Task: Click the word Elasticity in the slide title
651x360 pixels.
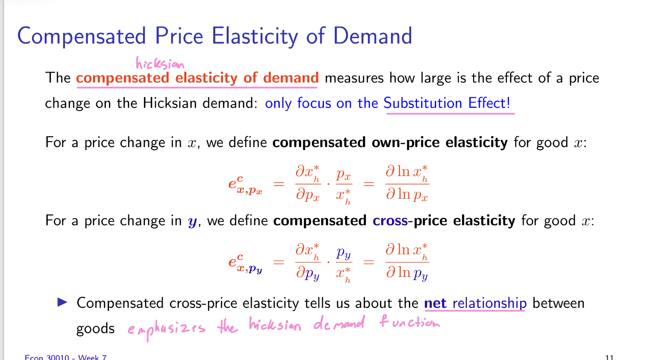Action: click(x=255, y=36)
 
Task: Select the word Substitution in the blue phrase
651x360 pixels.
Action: click(x=422, y=102)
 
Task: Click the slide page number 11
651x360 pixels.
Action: click(x=609, y=357)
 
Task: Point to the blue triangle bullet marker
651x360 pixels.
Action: click(x=62, y=302)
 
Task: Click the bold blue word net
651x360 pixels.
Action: click(x=435, y=303)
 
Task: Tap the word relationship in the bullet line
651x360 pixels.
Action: click(x=490, y=303)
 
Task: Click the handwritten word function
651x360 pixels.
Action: click(x=410, y=321)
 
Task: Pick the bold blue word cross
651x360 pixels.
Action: click(x=390, y=221)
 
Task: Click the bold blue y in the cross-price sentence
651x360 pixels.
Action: click(x=192, y=222)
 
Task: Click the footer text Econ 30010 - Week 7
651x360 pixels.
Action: click(x=66, y=357)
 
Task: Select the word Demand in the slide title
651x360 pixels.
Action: click(x=373, y=36)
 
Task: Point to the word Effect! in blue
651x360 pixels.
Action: click(x=489, y=102)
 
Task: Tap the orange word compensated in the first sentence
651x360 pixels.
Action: click(x=123, y=78)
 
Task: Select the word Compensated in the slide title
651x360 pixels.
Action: click(x=81, y=37)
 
